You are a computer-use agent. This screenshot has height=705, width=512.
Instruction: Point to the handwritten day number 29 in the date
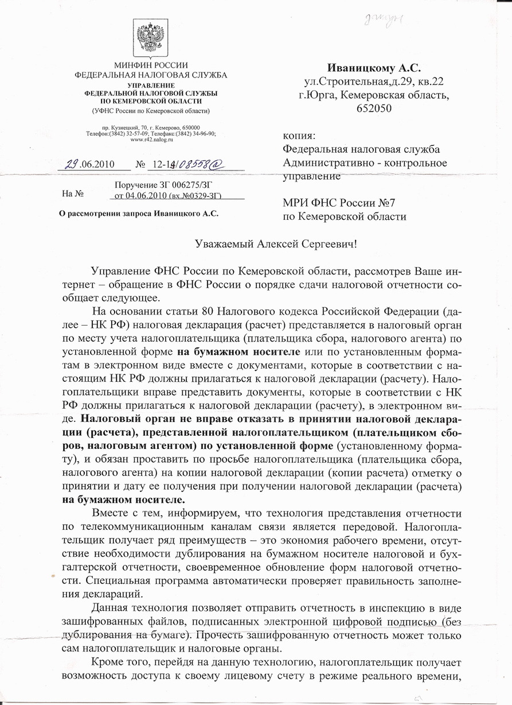71,164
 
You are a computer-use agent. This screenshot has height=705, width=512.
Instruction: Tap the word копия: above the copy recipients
299,137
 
